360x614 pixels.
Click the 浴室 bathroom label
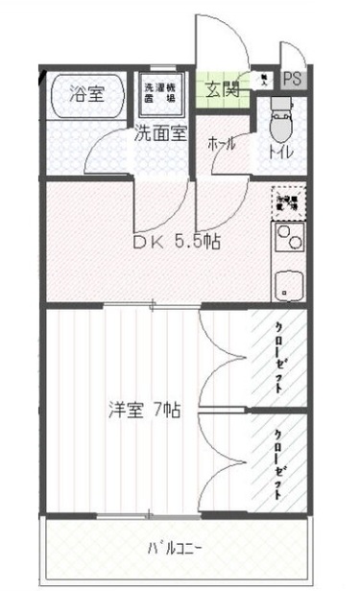pos(87,94)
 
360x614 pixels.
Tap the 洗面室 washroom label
pos(159,132)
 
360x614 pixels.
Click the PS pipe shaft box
pos(293,80)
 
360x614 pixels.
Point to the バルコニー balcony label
pos(175,550)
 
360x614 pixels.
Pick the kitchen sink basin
pos(286,284)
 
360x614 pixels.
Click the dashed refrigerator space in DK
pos(288,200)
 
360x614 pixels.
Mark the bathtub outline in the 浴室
pos(87,95)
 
